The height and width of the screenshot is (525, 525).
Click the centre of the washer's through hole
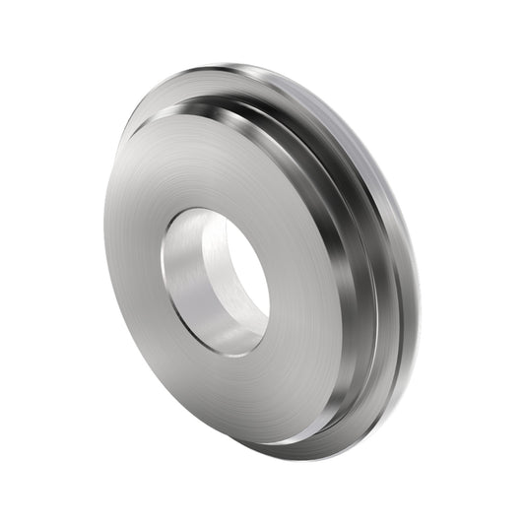click(x=216, y=282)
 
